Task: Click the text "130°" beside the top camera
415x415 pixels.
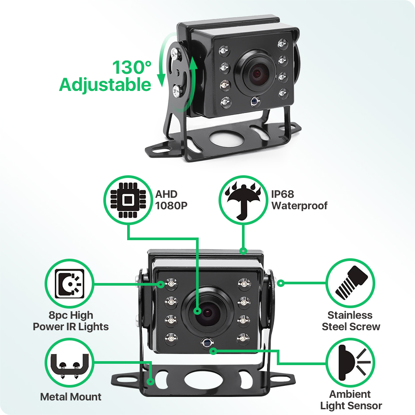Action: tap(132, 67)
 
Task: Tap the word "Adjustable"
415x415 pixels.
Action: tap(105, 85)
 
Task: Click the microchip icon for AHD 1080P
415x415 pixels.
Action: tap(128, 200)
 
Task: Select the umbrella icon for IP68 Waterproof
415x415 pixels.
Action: tap(243, 200)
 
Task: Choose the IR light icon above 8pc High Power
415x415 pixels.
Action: tap(69, 283)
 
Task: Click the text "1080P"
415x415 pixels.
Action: tap(171, 206)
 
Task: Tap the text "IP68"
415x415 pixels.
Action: tap(283, 194)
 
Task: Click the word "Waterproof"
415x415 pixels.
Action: tap(299, 206)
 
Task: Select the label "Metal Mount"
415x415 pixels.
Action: tap(71, 397)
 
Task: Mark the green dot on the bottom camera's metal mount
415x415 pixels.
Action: tap(151, 381)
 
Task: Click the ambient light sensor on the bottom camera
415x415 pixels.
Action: tap(207, 343)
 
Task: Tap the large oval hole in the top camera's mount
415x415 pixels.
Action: tap(227, 138)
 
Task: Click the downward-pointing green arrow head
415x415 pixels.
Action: tap(161, 81)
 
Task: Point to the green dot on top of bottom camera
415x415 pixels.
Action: tap(243, 250)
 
